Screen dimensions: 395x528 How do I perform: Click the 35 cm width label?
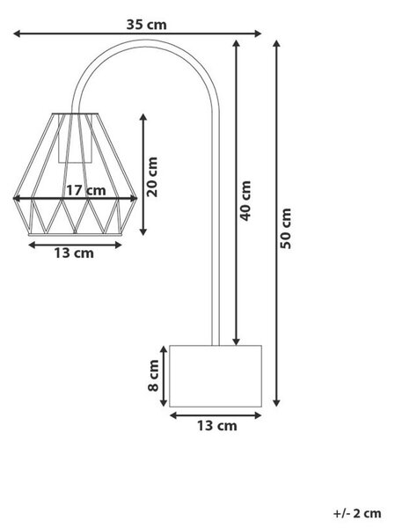pyautogui.click(x=147, y=25)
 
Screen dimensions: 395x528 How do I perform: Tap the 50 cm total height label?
pyautogui.click(x=286, y=228)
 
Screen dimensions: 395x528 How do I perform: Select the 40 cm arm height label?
pyautogui.click(x=245, y=201)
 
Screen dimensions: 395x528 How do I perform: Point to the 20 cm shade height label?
pyautogui.click(x=152, y=177)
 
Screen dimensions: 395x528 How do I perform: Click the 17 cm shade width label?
pyautogui.click(x=86, y=190)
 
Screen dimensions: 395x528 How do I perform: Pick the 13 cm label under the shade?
pyautogui.click(x=74, y=253)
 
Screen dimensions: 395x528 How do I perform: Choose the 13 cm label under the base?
pyautogui.click(x=217, y=426)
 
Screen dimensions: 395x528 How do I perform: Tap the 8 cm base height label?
pyautogui.click(x=153, y=376)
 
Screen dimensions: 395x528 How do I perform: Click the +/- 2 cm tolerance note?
pyautogui.click(x=357, y=514)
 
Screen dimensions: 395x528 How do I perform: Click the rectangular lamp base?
pyautogui.click(x=216, y=376)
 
